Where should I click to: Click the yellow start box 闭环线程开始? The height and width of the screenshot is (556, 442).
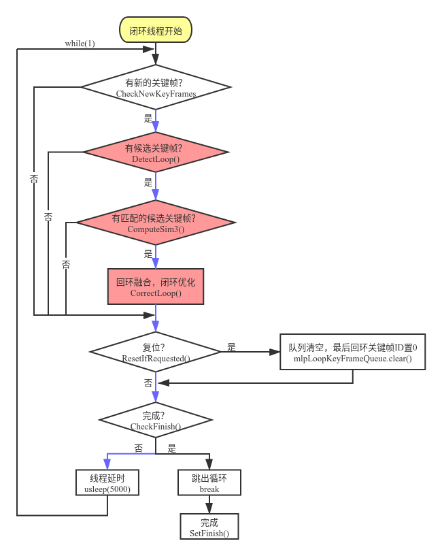pos(156,30)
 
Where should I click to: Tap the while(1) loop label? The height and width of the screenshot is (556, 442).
pos(80,44)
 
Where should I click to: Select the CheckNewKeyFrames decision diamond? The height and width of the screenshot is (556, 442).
pos(156,87)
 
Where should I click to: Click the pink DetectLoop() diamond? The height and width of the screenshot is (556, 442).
pos(156,152)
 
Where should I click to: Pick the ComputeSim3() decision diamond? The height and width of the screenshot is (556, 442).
pos(156,223)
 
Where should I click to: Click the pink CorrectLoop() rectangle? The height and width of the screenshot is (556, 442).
pos(156,287)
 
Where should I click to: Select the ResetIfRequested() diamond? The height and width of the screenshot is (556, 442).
pos(156,352)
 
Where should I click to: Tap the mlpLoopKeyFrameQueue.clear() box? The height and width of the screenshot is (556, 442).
pos(352,352)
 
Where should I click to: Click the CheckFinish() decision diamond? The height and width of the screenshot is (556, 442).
pos(156,420)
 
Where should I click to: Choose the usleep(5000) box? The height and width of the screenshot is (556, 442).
pos(107,483)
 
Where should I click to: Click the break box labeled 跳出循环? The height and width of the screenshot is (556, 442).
pos(209,483)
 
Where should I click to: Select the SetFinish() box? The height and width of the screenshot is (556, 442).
pos(209,527)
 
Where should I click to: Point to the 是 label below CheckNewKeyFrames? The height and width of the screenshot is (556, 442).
pos(148,118)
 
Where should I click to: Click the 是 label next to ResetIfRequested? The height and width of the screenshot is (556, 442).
pos(231,347)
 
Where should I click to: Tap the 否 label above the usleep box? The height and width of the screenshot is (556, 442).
pos(139,448)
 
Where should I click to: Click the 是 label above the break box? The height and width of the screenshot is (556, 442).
pos(172,448)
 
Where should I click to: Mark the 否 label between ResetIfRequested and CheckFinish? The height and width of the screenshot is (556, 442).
pos(148,383)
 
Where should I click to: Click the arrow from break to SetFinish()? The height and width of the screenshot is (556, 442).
pos(209,504)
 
